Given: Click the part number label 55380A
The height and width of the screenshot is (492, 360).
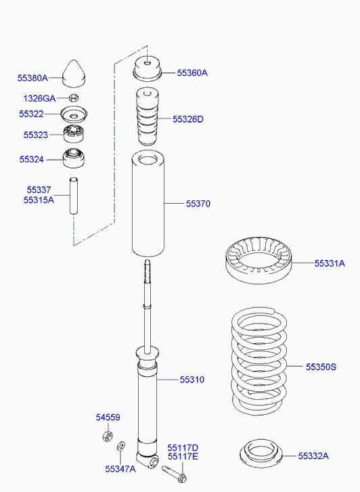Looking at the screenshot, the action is pos(32,78).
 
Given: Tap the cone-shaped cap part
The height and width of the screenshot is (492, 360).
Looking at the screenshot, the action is pos(74,74).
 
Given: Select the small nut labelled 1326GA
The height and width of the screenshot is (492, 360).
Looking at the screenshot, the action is pos(74,97).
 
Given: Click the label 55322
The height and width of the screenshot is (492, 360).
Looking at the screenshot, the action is pos(31,114).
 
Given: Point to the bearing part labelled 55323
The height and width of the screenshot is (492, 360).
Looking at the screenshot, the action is pos(74,134).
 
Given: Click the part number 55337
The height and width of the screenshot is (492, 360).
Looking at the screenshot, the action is pos(39,190).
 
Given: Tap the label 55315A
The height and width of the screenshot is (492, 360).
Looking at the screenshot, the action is pos(39,200).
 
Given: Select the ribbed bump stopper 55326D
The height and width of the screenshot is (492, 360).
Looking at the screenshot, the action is pos(148,116).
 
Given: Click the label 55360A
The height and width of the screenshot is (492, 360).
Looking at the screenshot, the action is pos(192,73).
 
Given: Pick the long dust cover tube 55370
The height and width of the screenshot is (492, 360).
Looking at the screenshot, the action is pos(148,204).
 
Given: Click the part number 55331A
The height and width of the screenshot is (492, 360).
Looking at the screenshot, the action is pos(330,263).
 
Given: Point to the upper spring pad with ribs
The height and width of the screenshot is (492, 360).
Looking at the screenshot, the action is pos(258,261).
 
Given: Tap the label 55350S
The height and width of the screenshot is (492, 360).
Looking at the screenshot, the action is pos(321,367).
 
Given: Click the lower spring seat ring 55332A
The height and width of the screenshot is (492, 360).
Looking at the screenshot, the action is pos(261,453).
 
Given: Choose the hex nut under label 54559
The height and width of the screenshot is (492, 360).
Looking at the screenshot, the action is pos(108,436).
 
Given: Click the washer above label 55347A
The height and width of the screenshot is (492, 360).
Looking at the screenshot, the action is pos(121,446).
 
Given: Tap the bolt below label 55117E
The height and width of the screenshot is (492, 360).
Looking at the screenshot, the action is pos(175,474).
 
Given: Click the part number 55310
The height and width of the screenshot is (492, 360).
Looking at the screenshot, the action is pos(192,380).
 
